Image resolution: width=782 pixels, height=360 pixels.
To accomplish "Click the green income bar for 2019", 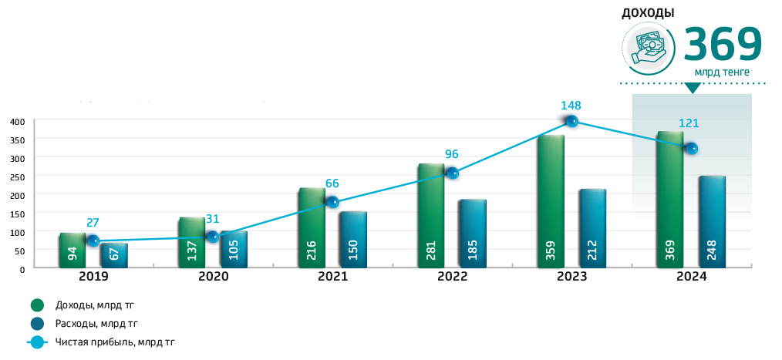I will tap(72, 250).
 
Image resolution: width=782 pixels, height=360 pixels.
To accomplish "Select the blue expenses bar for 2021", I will tap(352, 240).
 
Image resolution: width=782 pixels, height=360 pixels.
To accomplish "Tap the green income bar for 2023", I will tap(551, 202).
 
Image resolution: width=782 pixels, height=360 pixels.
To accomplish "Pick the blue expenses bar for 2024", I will tap(712, 222).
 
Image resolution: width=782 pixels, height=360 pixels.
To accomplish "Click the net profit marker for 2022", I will tap(453, 173).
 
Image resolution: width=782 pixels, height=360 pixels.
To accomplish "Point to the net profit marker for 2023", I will tap(571, 121).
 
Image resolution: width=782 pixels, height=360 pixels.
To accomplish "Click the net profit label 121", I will tap(689, 123).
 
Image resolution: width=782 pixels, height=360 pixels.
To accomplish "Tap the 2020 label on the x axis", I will tap(213, 276).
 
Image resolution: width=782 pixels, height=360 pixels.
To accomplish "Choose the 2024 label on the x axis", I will tap(690, 276).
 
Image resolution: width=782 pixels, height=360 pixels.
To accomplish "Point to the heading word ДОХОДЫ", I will tap(648, 13).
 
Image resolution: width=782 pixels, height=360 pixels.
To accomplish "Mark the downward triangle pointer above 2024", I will tap(692, 88).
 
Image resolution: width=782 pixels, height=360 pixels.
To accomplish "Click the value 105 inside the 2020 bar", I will tap(233, 250).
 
